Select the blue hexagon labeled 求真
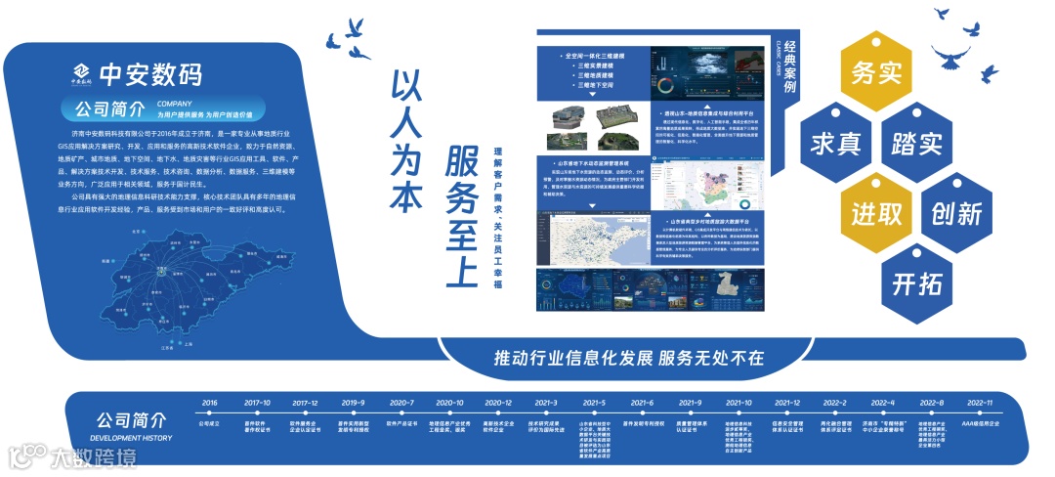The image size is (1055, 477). click(835, 143)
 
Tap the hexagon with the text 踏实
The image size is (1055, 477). click(916, 143)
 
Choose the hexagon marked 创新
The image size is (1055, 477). click(956, 212)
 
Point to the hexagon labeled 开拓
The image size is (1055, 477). click(916, 282)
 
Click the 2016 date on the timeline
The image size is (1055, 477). click(209, 403)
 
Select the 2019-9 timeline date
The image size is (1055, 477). click(352, 403)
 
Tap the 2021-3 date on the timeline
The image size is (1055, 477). click(545, 403)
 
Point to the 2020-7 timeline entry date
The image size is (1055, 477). click(401, 403)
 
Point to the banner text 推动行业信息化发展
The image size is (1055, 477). click(573, 358)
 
